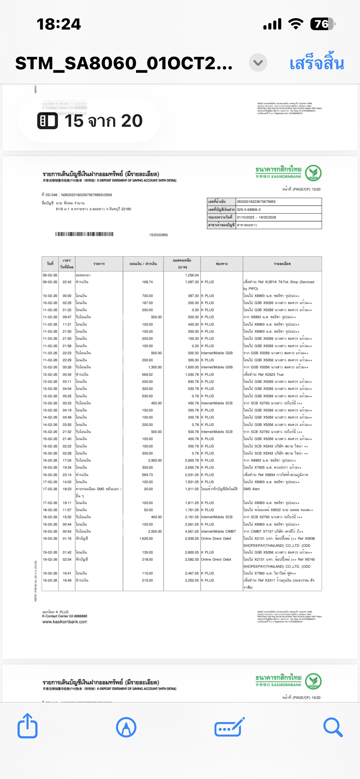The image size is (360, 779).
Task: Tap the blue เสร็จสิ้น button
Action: (317, 63)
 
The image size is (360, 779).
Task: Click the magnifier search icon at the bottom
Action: (333, 727)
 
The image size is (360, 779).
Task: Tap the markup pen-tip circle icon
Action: (126, 727)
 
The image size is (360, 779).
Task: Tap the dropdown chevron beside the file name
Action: (258, 63)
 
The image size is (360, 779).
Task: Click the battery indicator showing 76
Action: (322, 24)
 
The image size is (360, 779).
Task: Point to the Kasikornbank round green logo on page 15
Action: (313, 173)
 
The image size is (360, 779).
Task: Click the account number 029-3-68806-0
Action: (249, 210)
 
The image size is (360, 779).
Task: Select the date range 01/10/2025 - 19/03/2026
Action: (256, 217)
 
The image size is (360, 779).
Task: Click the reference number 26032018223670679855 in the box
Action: (256, 202)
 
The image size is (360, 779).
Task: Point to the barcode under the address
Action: (84, 234)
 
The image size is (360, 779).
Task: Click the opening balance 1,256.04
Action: (192, 275)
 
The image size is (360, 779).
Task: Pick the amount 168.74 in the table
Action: (147, 282)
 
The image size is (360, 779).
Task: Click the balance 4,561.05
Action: (192, 531)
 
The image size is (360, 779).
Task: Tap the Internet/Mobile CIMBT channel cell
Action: (218, 531)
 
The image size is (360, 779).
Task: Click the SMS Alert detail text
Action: (251, 489)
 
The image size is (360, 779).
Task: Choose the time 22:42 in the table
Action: (67, 282)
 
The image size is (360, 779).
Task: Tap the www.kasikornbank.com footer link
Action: (65, 622)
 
